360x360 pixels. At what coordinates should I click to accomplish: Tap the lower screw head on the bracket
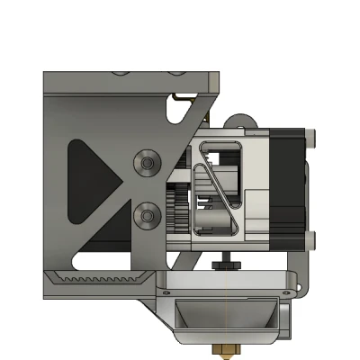click(x=146, y=218)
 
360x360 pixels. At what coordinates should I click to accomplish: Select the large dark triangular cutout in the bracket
click(x=91, y=184)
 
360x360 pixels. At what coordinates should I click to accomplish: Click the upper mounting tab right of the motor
click(x=311, y=139)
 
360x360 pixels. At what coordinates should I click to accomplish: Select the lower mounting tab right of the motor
click(x=311, y=239)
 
